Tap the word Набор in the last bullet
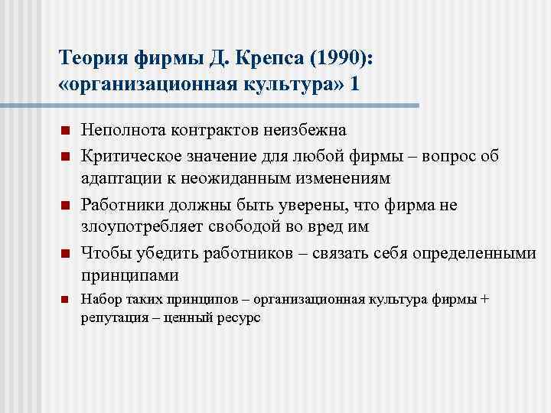[x=98, y=299]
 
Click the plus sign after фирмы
[x=484, y=299]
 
